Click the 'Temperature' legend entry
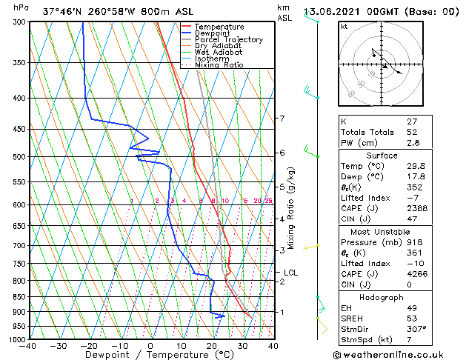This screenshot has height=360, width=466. tap(219, 27)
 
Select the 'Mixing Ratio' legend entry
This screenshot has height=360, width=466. tap(219, 65)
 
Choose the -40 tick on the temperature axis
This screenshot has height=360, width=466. tap(28, 345)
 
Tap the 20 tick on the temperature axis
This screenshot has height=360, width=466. tap(212, 345)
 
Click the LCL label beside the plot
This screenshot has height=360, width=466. tap(291, 273)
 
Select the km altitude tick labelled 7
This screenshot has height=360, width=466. tap(282, 119)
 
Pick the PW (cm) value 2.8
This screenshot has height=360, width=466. tap(413, 143)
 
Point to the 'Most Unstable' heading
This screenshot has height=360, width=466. tap(382, 231)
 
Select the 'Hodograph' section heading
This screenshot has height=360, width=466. tap(382, 297)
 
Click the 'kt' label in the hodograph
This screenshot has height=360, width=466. tap(344, 26)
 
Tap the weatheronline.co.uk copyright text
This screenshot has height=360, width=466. tap(401, 354)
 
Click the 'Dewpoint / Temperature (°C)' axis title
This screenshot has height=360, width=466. tap(150, 355)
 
